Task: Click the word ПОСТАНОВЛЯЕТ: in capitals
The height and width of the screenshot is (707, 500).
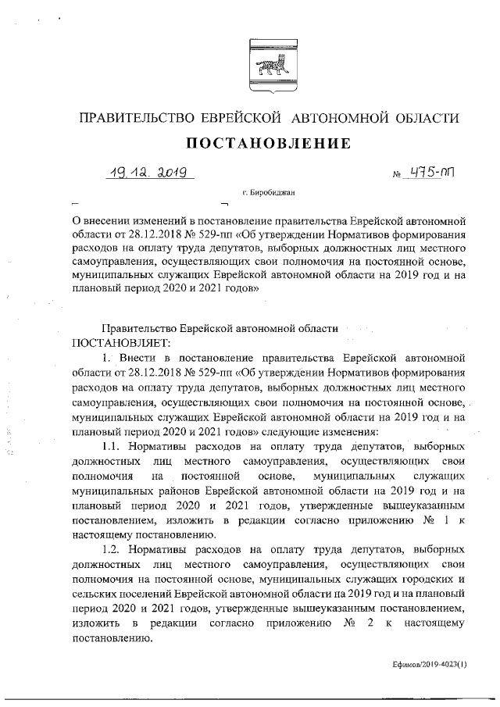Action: (x=124, y=343)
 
